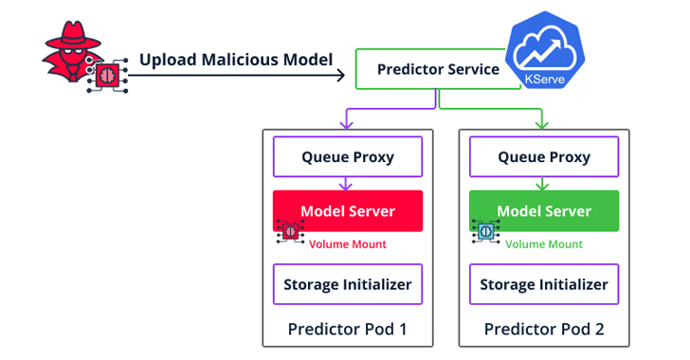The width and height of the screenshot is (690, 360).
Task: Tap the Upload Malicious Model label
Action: (236, 60)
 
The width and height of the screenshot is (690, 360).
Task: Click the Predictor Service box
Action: (436, 69)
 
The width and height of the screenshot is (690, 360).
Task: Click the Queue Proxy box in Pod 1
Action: (347, 156)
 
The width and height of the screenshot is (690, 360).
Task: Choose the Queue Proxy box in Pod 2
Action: (544, 156)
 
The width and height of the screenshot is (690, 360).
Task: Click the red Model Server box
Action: (347, 210)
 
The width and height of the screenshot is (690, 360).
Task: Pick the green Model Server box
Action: (544, 210)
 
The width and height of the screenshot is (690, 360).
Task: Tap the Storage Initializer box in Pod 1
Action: (347, 284)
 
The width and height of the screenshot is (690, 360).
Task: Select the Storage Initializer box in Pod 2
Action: (544, 284)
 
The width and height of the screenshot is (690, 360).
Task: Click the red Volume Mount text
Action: (347, 244)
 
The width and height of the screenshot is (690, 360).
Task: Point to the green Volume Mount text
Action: (544, 244)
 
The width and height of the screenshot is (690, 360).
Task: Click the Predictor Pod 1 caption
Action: (347, 330)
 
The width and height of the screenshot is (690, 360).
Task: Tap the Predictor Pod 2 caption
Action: (544, 330)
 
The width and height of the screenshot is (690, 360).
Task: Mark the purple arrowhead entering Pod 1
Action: (347, 124)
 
